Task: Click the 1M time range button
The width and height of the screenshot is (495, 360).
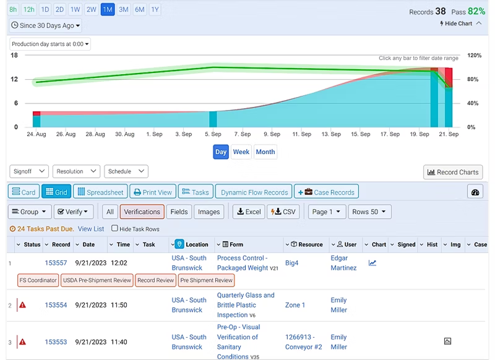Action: coord(108,9)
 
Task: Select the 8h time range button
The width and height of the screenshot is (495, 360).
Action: coord(13,9)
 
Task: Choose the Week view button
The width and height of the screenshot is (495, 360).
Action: coord(241,152)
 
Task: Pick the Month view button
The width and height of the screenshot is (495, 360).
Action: coord(265,152)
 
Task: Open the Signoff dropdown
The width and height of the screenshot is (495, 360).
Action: coord(29,171)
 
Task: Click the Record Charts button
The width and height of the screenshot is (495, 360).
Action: coord(453,173)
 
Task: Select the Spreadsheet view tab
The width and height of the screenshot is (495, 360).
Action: coord(100,192)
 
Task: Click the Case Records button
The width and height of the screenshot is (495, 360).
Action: coord(327,192)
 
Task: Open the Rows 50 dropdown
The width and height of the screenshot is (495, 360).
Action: coord(369,212)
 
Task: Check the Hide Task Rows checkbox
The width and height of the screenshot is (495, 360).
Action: coord(114,229)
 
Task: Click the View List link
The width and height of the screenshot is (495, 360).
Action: coord(91,229)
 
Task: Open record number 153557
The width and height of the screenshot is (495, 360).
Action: coord(56,263)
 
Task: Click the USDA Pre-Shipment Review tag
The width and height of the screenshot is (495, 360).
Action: coord(97,280)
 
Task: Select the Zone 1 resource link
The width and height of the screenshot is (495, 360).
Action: coord(295,305)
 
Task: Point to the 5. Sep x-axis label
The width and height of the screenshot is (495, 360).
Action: coord(213,134)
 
